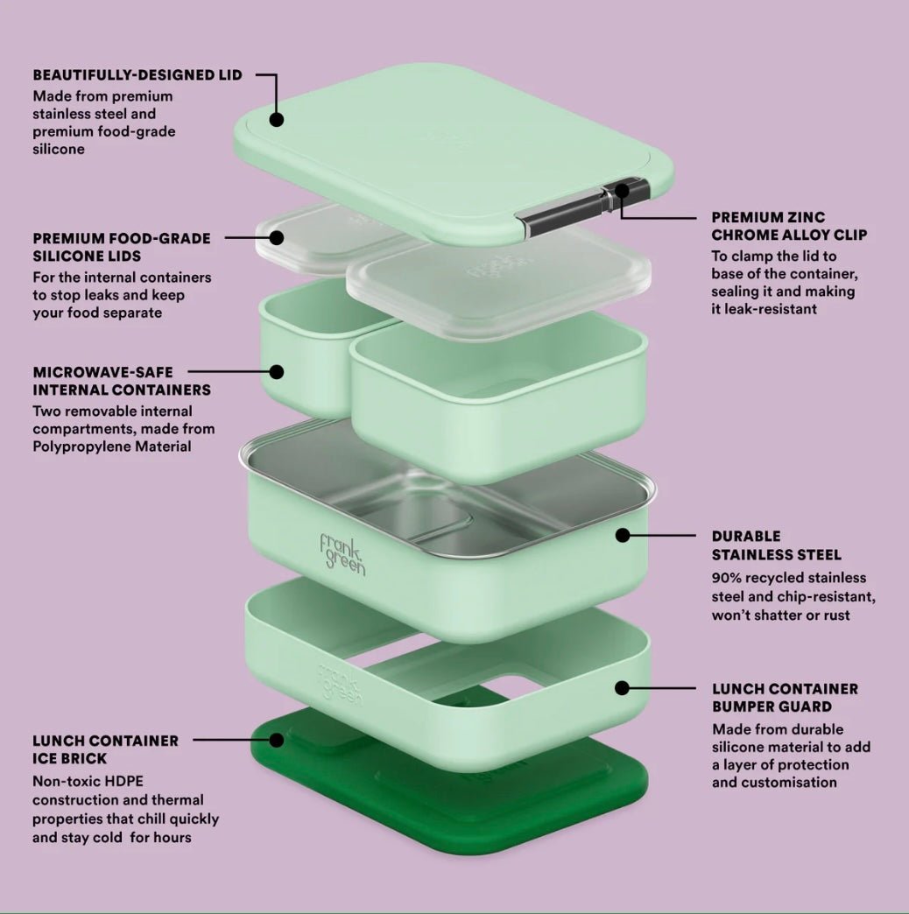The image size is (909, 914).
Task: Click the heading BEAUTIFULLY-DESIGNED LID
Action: pyautogui.click(x=137, y=75)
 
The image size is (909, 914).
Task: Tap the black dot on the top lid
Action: pyautogui.click(x=277, y=119)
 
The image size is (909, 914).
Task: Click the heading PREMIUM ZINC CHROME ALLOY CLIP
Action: pyautogui.click(x=789, y=226)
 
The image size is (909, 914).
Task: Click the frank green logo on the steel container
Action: pyautogui.click(x=342, y=555)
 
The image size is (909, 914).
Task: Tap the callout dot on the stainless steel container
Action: pyautogui.click(x=623, y=535)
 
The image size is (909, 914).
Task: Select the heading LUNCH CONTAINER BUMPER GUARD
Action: pyautogui.click(x=785, y=698)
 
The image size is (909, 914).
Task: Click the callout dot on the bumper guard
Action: pyautogui.click(x=622, y=688)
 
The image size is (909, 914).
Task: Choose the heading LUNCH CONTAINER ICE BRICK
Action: pyautogui.click(x=106, y=749)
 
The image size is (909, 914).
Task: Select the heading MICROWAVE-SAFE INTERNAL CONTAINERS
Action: pyautogui.click(x=122, y=381)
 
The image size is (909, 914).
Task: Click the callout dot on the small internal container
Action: pyautogui.click(x=277, y=372)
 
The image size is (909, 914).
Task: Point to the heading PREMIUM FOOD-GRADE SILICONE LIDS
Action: pyautogui.click(x=122, y=247)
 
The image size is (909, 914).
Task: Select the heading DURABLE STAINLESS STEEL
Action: pyautogui.click(x=776, y=545)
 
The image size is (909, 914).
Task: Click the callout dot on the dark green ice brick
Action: pyautogui.click(x=277, y=741)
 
